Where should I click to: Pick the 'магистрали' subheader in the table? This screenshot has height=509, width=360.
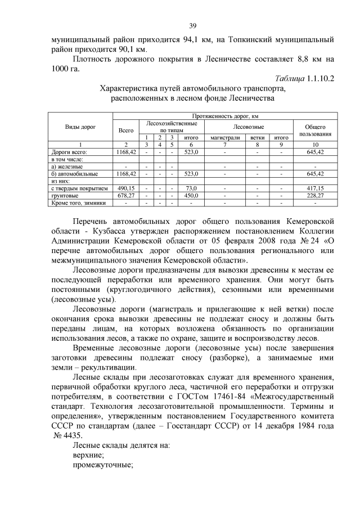point(225,137)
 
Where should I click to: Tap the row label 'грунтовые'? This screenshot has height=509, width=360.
point(65,195)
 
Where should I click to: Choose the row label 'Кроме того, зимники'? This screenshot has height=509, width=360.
point(78,202)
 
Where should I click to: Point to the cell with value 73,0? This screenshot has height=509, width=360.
point(191,188)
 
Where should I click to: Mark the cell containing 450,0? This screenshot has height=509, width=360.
point(191,195)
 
